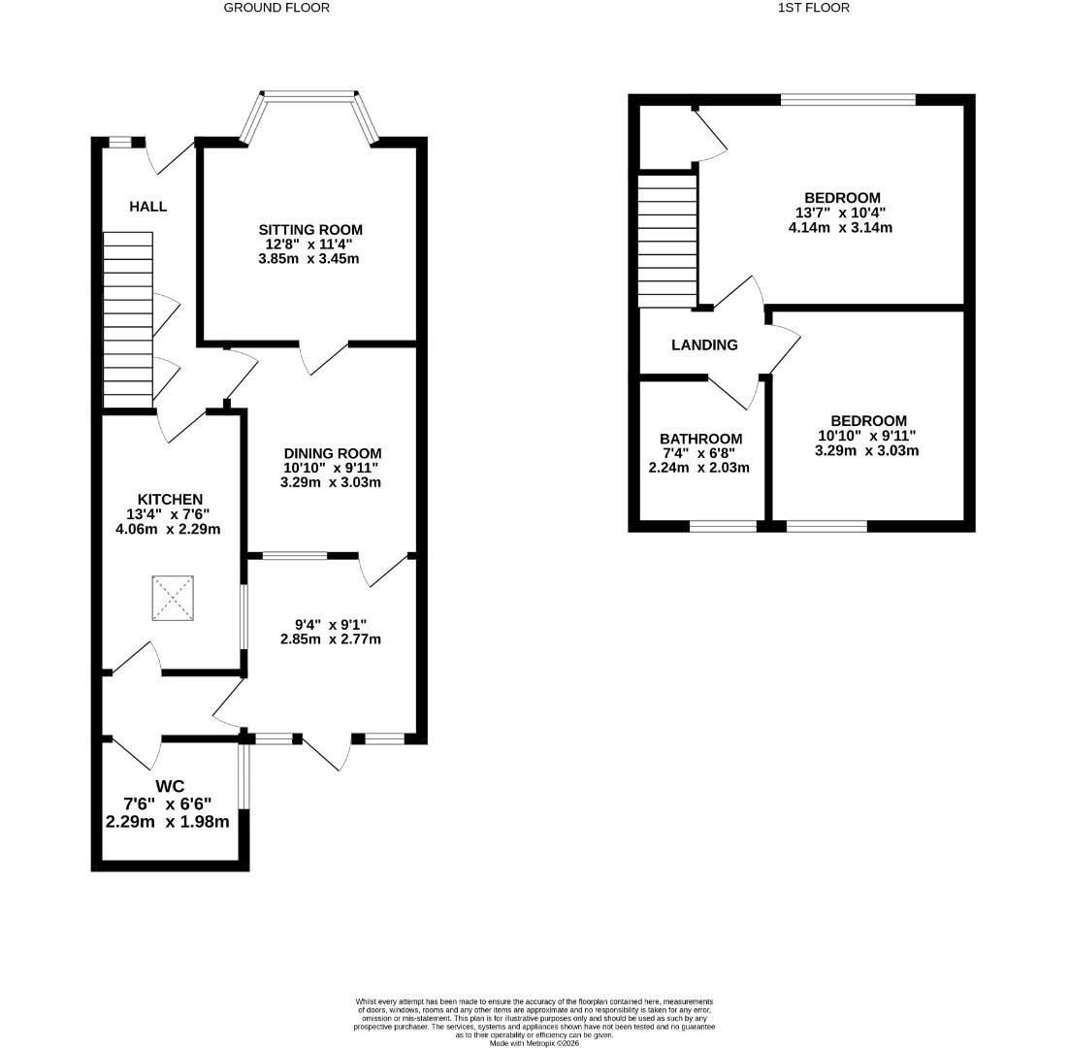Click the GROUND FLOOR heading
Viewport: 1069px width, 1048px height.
click(x=276, y=8)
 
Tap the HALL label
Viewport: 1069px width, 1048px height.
click(x=147, y=207)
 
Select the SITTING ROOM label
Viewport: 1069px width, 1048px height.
click(x=310, y=230)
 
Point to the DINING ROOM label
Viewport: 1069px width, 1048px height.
click(x=332, y=453)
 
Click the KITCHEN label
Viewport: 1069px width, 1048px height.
click(x=170, y=499)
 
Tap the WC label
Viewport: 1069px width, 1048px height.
click(x=169, y=786)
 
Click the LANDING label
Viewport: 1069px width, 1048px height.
click(x=704, y=344)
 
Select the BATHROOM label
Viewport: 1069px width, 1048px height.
click(x=700, y=439)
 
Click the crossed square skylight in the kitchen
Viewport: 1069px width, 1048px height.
click(x=174, y=598)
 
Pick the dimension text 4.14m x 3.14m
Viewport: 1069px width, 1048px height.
click(x=840, y=228)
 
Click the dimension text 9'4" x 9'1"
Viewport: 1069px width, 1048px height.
click(x=331, y=625)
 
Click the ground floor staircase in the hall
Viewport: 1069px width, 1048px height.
click(x=128, y=319)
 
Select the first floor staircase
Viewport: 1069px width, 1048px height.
click(x=667, y=240)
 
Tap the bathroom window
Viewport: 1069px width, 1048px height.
click(x=723, y=527)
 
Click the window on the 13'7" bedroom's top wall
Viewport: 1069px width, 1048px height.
click(x=848, y=99)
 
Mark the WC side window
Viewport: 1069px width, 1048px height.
click(x=243, y=776)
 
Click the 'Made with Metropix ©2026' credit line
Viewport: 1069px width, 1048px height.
click(x=534, y=1043)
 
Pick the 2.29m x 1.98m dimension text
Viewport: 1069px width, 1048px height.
click(x=167, y=822)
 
